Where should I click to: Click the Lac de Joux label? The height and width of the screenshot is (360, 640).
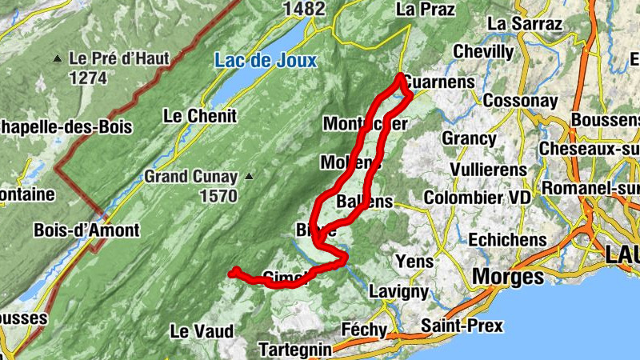[265, 61]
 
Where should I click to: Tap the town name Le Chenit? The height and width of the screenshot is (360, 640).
[200, 116]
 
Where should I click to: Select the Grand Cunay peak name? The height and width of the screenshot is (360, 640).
[191, 177]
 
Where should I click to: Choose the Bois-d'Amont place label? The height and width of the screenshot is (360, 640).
[86, 230]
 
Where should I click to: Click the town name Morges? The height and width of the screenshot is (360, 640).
[508, 277]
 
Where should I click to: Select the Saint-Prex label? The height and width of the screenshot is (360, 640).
[462, 326]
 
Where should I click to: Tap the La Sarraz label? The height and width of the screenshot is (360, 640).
[525, 24]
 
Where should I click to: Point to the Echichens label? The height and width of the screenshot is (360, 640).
[507, 239]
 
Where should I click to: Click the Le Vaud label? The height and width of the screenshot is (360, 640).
[202, 331]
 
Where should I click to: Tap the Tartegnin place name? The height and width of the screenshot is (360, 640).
[295, 350]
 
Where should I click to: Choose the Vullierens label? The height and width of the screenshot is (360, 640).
[488, 170]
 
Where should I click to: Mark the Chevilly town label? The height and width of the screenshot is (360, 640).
[483, 52]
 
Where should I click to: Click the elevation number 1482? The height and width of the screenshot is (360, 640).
[304, 9]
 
